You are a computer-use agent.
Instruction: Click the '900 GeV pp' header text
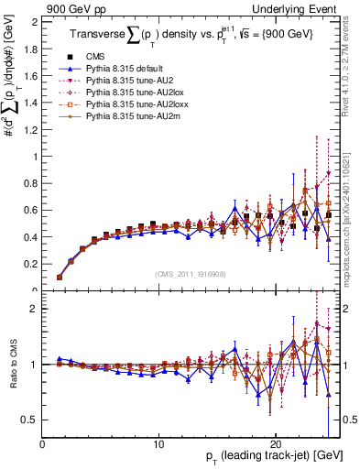[x=73, y=7]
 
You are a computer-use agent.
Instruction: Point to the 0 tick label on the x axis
[x=43, y=441]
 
